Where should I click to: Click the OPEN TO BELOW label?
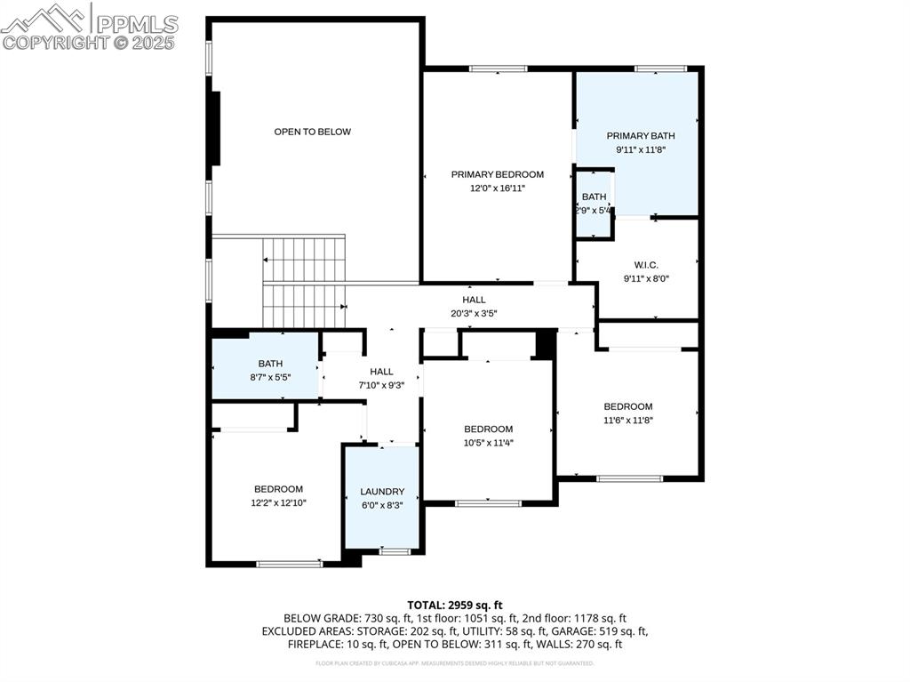coord(312,132)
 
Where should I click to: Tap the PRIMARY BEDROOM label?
coord(497,174)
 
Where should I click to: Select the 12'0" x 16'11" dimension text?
coord(497,189)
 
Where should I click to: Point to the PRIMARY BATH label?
coord(641,136)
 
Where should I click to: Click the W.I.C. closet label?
coord(646,264)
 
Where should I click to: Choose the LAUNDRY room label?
coord(382,492)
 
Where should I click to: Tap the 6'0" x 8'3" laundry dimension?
coord(382,505)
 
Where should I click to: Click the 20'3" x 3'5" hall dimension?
coord(474,313)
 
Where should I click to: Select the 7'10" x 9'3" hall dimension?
coord(381,385)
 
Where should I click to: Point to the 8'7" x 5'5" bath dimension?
coord(269,377)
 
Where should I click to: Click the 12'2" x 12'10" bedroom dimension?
coord(278,502)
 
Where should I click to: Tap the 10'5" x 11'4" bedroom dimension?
coord(488,442)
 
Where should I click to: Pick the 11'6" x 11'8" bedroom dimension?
coord(628,421)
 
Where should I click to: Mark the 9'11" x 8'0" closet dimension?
coord(646,278)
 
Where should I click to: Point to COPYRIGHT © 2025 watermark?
coord(89,42)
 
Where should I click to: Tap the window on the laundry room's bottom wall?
coord(395,552)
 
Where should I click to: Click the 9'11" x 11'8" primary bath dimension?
coord(641,149)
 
